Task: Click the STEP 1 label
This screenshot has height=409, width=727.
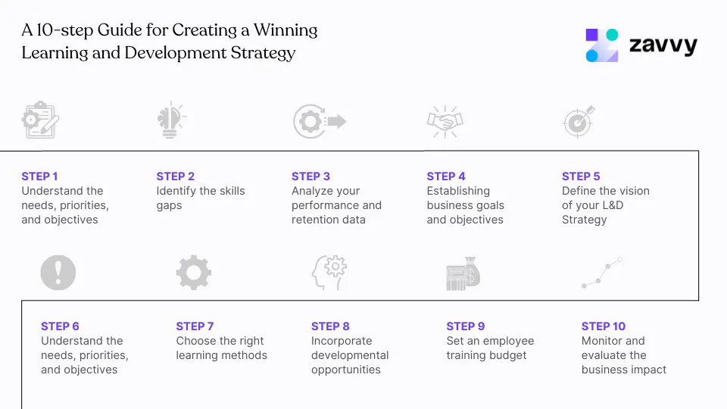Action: (x=39, y=176)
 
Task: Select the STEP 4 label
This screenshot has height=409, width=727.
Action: (x=446, y=176)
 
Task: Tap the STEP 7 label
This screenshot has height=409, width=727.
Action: (x=195, y=326)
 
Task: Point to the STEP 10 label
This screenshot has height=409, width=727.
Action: (x=603, y=326)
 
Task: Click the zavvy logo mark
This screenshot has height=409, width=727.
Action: (x=602, y=45)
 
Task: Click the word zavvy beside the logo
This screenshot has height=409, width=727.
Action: (x=663, y=47)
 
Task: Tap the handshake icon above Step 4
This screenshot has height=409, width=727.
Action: (x=445, y=121)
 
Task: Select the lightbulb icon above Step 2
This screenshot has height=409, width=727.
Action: (x=170, y=120)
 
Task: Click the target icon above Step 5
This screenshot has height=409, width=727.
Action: (x=579, y=121)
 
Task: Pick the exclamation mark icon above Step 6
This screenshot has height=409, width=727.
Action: (x=58, y=272)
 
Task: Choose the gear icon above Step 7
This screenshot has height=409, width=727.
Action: (x=194, y=272)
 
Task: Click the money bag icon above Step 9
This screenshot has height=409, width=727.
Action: (x=463, y=273)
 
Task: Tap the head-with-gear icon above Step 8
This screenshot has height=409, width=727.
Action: (x=329, y=273)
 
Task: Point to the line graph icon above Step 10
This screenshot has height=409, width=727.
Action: (x=601, y=273)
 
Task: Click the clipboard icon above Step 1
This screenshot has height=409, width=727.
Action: (x=40, y=120)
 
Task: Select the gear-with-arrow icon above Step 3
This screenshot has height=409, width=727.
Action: (x=319, y=121)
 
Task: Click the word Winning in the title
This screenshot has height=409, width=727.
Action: (x=285, y=31)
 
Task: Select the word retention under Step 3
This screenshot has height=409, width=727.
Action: (x=317, y=220)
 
